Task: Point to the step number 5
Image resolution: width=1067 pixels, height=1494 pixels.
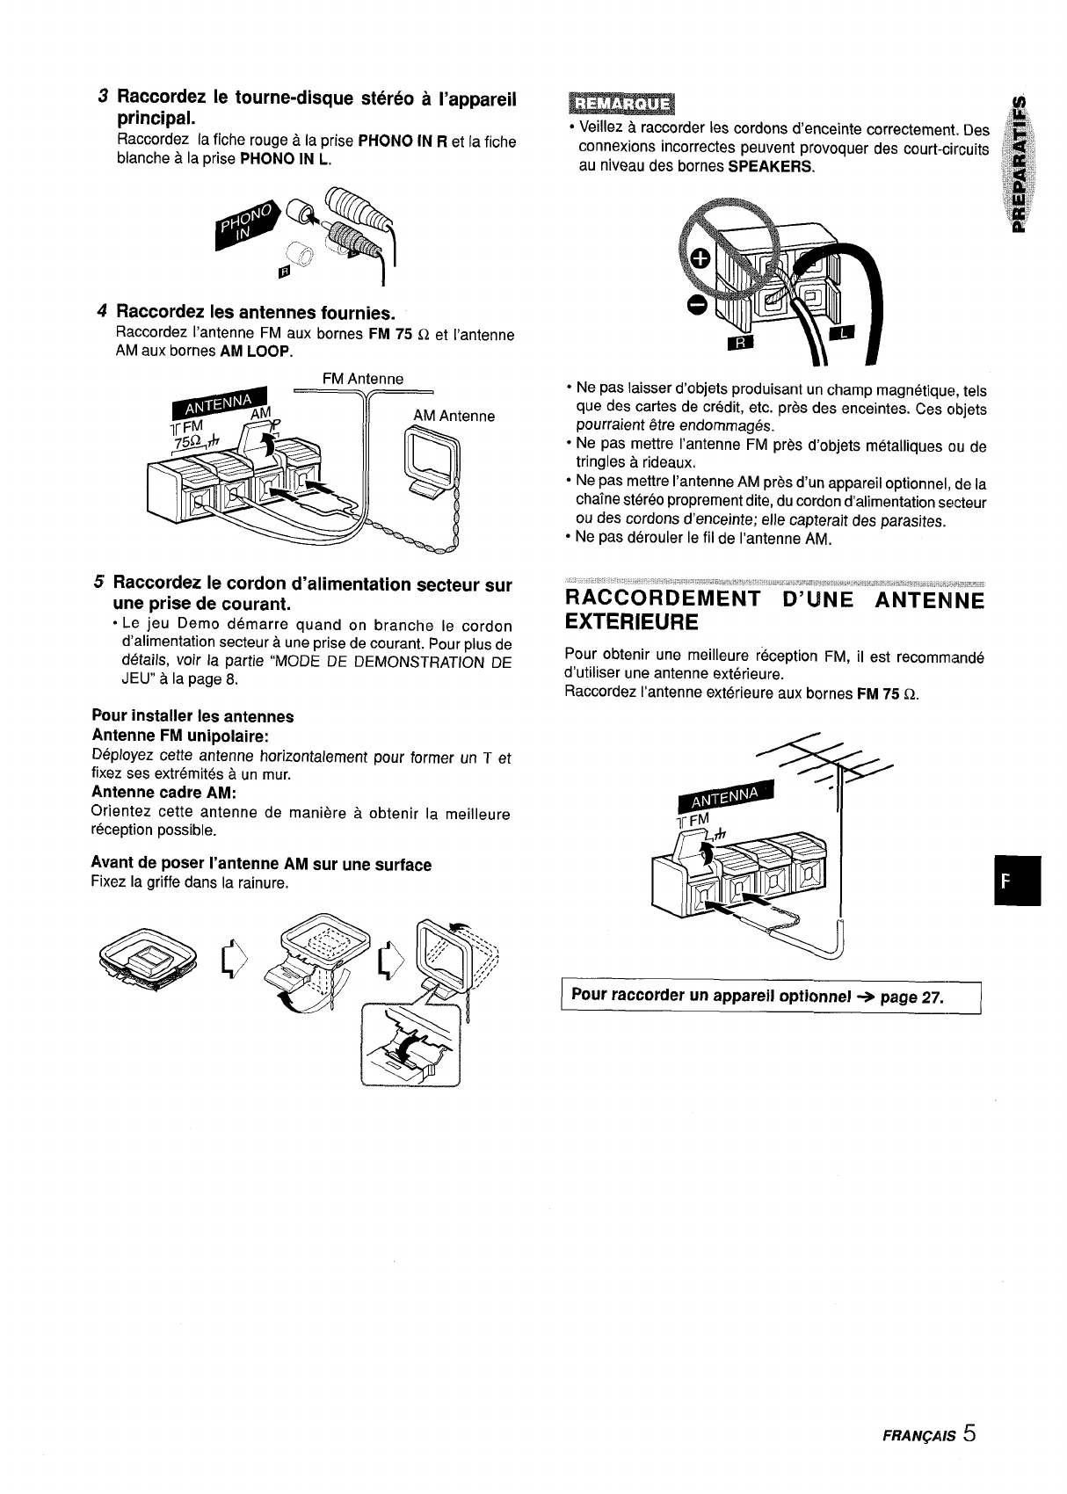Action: pos(100,584)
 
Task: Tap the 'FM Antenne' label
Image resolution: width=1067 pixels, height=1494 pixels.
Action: pos(363,379)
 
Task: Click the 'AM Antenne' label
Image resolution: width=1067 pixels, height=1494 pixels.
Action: pos(454,416)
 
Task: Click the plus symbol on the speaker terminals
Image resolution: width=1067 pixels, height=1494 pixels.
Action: pos(700,258)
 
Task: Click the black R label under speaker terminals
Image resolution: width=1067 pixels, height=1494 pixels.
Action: pos(737,343)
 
